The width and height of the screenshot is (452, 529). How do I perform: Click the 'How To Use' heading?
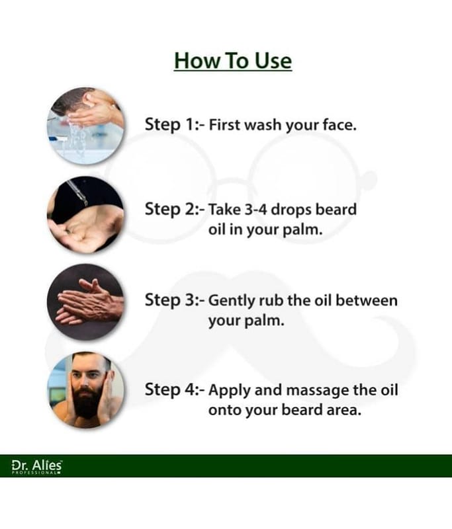point(233,61)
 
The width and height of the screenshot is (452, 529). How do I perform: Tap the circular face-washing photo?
point(86,126)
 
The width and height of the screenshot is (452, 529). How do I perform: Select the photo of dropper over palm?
point(86,214)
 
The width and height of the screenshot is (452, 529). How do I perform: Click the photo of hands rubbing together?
point(86,302)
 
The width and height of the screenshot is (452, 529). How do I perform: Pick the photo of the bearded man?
point(86,390)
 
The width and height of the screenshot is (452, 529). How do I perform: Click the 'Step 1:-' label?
point(175,124)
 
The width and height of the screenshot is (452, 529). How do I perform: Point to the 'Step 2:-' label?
point(175,209)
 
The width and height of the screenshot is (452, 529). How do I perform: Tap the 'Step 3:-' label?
point(175,300)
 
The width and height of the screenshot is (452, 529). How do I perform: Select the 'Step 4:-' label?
point(175,389)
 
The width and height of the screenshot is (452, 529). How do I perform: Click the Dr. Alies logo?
point(37,467)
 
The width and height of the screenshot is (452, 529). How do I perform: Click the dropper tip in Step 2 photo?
point(86,203)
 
